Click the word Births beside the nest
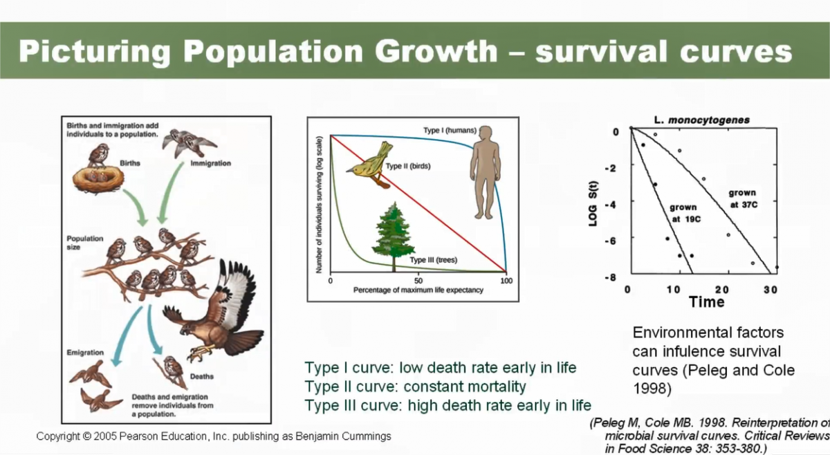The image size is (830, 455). click(130, 163)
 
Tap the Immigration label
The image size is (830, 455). click(210, 163)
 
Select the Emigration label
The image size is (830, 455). click(85, 353)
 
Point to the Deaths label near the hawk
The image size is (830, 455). click(202, 376)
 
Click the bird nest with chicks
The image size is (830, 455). click(98, 180)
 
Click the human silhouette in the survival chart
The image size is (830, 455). click(486, 172)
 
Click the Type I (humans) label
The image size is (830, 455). click(450, 131)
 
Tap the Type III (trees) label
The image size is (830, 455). click(434, 260)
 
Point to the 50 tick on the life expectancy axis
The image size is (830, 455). click(418, 281)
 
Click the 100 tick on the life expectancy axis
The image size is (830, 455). click(506, 281)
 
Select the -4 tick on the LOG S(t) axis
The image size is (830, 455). click(610, 205)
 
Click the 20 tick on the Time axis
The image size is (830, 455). click(722, 290)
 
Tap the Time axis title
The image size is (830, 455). click(707, 302)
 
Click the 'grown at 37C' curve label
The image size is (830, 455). click(744, 198)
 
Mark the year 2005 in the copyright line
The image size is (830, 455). click(105, 436)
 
